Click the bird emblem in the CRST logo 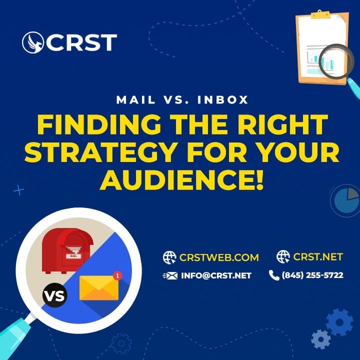[33, 42]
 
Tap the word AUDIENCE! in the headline [181, 180]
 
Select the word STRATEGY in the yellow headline [101, 152]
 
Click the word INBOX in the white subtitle [222, 100]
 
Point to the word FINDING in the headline [99, 124]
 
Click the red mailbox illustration [67, 250]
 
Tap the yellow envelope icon [99, 288]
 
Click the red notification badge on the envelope [117, 275]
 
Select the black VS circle [55, 295]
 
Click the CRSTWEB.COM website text [219, 257]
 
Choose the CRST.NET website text [318, 256]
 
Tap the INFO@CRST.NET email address [216, 275]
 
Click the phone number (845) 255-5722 [312, 275]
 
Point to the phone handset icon [274, 275]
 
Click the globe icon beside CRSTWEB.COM [169, 257]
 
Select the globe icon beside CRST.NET [283, 256]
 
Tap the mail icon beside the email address [170, 275]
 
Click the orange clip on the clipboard [320, 14]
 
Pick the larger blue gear [339, 322]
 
